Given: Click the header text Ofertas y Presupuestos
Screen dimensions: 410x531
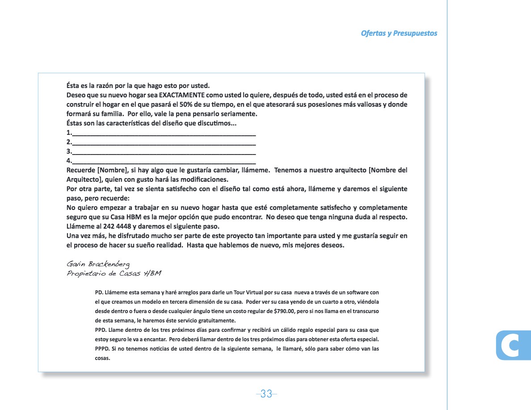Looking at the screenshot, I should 399,33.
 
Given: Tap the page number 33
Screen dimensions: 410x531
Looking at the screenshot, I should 266,394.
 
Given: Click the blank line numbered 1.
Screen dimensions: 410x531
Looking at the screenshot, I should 164,133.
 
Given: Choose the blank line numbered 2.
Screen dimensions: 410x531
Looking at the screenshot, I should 164,142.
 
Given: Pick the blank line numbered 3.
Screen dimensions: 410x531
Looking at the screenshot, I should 164,152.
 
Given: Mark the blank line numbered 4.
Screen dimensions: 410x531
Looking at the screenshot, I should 164,161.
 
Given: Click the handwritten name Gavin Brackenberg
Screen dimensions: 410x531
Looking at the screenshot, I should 98,264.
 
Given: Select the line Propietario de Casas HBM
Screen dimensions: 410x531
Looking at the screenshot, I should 114,273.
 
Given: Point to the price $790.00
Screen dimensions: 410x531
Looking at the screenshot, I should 279,311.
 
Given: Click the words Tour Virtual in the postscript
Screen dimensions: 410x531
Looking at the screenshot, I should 250,293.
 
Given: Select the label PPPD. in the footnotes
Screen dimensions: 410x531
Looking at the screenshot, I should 103,349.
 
